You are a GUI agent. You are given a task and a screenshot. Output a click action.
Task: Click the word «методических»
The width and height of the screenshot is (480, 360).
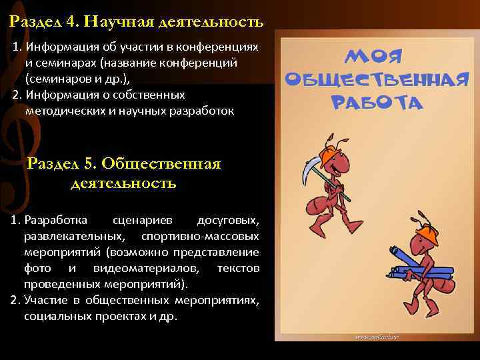(59, 109)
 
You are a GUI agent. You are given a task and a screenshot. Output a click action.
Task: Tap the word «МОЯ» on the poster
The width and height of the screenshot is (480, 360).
(373, 55)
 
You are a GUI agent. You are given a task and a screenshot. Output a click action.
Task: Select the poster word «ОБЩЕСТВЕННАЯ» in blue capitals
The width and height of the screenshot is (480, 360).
(374, 79)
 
